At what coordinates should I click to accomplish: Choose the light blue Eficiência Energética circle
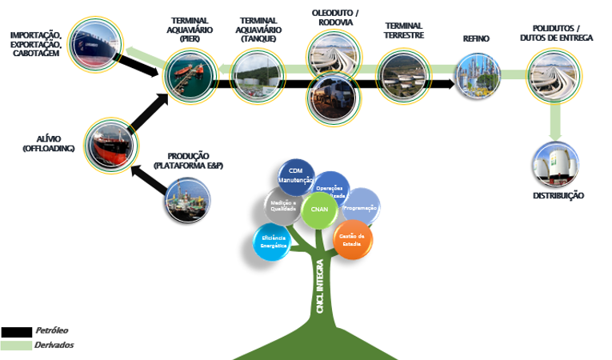[x=272, y=242]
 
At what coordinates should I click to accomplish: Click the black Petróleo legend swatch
[x=16, y=332]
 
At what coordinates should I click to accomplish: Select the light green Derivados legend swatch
[x=16, y=346]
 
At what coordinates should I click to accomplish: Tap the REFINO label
[x=476, y=38]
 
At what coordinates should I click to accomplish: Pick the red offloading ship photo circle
[x=108, y=142]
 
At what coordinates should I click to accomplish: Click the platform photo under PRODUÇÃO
[x=188, y=199]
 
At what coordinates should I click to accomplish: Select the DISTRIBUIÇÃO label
[x=558, y=196]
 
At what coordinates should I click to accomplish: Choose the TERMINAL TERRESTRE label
[x=404, y=30]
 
